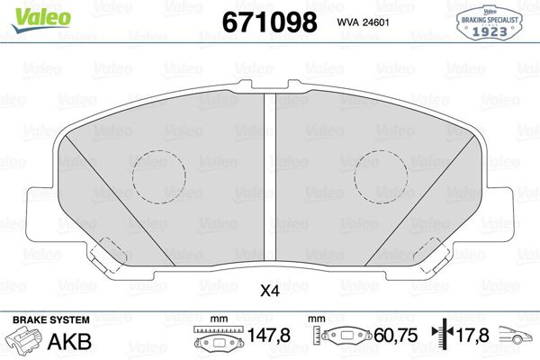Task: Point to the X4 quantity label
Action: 269,290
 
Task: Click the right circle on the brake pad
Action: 380,175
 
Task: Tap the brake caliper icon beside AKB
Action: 24,341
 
